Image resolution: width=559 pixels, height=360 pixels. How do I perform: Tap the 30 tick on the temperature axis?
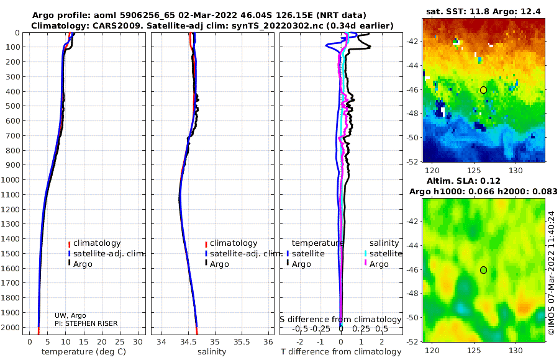[138, 342]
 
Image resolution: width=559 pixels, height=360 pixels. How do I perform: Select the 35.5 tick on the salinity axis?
[242, 342]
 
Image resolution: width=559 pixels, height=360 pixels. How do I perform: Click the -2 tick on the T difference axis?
[299, 342]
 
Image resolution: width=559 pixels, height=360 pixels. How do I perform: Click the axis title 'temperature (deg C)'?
[84, 352]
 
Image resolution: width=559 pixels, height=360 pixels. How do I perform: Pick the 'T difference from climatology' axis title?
[341, 352]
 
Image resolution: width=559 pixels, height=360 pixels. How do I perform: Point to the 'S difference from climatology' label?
[340, 320]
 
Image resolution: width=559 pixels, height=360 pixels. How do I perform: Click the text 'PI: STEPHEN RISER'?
[86, 323]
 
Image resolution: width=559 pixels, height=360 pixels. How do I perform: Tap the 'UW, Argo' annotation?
[70, 315]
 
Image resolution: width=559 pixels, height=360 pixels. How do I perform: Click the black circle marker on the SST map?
[483, 90]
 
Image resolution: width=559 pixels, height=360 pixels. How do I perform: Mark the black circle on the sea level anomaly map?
[483, 270]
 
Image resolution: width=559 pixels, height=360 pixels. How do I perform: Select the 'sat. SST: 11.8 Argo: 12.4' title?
[483, 12]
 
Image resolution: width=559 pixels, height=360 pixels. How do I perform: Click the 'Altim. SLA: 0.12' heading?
[463, 181]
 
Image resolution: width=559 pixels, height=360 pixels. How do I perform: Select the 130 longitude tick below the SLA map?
[516, 351]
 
